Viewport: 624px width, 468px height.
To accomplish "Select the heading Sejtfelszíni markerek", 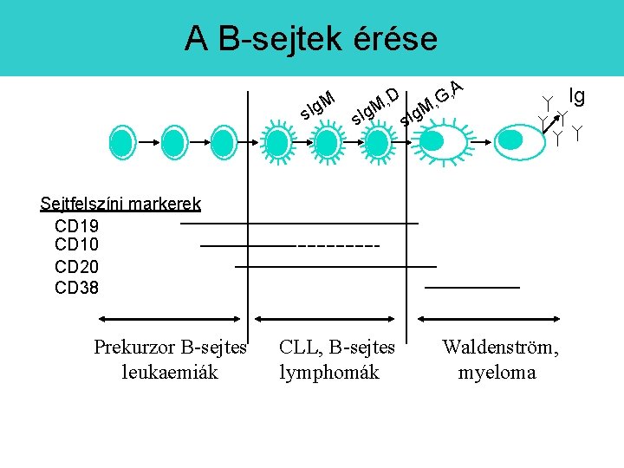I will [120, 205].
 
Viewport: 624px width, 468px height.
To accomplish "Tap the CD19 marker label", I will [76, 225].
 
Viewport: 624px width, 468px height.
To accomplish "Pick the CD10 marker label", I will [76, 245].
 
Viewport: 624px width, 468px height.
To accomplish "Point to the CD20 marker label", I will [76, 266].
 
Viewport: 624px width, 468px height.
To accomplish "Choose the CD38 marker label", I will [76, 287].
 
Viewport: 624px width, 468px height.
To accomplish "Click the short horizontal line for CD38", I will [472, 286].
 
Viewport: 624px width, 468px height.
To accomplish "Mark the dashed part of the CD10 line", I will [338, 246].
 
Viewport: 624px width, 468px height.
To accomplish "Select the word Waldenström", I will [500, 348].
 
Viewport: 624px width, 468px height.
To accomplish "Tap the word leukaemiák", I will [170, 373].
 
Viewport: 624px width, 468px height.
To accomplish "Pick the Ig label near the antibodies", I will [575, 94].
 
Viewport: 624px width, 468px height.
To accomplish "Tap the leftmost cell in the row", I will [124, 140].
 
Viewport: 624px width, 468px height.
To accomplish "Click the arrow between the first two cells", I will [149, 140].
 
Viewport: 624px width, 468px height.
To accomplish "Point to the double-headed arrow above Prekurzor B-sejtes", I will [171, 319].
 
